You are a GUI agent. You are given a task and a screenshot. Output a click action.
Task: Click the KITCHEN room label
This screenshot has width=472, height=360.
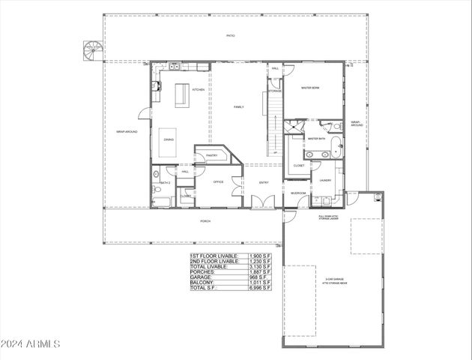point(199,90)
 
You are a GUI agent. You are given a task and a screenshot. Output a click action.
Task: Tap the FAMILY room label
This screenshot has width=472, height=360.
point(238,107)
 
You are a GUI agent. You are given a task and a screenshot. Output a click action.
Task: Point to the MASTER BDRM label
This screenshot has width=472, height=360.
point(311,88)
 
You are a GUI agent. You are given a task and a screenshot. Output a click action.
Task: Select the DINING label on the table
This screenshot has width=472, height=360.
point(169,140)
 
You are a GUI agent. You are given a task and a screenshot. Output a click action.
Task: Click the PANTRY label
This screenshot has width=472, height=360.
point(211,156)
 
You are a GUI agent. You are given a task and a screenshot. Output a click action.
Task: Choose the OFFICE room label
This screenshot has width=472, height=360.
point(219,181)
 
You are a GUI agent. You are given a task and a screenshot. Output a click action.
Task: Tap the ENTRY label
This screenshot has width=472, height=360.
point(264,182)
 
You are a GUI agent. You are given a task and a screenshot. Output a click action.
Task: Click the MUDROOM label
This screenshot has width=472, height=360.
point(298,193)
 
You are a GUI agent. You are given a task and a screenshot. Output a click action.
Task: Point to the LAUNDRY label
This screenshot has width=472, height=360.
point(325,180)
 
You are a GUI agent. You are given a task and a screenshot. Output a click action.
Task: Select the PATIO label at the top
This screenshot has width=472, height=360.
point(231,36)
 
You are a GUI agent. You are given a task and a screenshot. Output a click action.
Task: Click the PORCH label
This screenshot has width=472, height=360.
point(205,222)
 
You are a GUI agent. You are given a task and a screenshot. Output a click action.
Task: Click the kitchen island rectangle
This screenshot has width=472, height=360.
point(181,95)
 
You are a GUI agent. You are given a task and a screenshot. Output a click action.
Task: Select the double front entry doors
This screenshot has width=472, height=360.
point(261,202)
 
